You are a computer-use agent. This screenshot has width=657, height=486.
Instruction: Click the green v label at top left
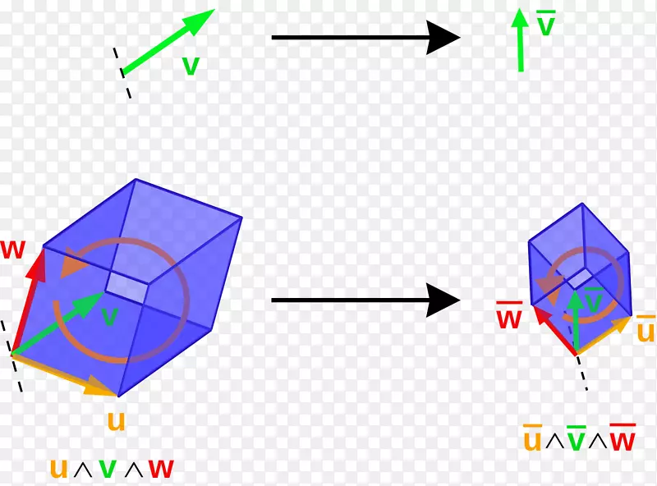click(191, 66)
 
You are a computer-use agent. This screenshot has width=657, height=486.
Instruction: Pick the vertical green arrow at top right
click(520, 41)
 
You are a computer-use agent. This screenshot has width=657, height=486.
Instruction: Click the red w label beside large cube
click(13, 250)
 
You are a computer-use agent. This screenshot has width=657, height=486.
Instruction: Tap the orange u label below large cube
click(117, 420)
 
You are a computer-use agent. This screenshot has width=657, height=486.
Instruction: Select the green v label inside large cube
click(109, 316)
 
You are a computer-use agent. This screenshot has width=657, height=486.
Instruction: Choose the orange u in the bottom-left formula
click(58, 468)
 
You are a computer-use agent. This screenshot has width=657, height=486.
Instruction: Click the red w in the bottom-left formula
click(160, 468)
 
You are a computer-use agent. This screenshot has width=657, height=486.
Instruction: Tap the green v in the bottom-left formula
click(108, 469)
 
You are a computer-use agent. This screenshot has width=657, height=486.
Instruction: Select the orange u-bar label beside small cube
click(646, 330)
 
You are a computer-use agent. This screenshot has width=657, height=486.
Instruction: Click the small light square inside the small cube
click(580, 277)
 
